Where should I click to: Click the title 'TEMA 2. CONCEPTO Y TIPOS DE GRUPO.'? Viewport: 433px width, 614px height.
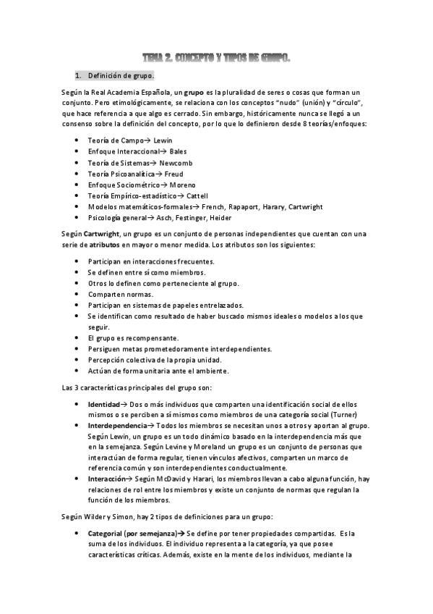click(x=216, y=57)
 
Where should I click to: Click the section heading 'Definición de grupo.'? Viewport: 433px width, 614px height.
click(x=120, y=75)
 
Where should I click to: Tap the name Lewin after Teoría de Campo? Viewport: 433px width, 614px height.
click(x=163, y=140)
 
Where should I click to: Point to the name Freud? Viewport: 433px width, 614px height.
click(x=173, y=174)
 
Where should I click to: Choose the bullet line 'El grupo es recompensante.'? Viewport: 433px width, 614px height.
click(x=132, y=338)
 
